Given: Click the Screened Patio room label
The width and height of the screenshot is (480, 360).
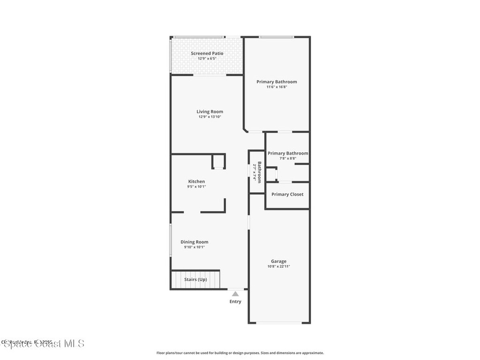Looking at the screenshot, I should pos(207,53).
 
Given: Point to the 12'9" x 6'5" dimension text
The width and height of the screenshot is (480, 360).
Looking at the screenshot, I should pos(207,59).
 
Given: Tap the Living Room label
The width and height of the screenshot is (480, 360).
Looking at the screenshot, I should pos(210,112).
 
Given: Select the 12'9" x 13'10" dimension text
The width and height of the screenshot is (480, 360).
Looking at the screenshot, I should pos(210,117).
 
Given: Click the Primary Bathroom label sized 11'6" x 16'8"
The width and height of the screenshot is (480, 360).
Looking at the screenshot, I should pos(277,82).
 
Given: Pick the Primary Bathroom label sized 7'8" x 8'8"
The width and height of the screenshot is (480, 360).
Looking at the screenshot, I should pos(288,153).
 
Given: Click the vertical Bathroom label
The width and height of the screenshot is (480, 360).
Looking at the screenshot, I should pos(259,172).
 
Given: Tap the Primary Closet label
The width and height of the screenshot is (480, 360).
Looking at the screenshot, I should pos(287,194).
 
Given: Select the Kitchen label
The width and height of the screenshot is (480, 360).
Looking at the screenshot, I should pos(196,181).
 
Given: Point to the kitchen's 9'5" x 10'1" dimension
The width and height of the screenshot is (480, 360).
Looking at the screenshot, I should pos(196,187).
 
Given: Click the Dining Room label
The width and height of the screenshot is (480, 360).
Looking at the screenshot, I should pos(195,242).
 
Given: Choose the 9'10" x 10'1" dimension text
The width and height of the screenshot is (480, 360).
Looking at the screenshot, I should pos(195,247).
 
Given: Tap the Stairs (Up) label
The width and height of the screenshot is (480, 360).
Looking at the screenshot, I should pos(195,279).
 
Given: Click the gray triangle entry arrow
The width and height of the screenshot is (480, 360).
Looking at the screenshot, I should pos(235,293).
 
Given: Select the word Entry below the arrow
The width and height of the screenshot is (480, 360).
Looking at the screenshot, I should pos(235,301).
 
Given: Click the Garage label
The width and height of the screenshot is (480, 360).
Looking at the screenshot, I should pos(278,261).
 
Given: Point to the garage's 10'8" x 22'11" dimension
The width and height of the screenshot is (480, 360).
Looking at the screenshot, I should pos(278,267).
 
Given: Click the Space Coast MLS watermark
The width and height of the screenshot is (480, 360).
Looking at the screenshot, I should pos(44,344).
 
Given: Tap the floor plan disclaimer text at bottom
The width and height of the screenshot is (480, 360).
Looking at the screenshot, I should pos(240,353).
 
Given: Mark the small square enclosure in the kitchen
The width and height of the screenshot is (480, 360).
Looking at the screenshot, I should pos(218,161).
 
